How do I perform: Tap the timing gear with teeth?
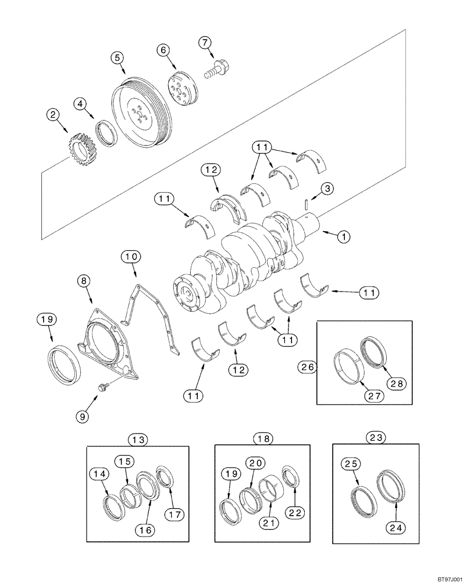(x=81, y=148)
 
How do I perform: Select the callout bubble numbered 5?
(x=117, y=57)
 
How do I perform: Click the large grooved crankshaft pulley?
(x=140, y=114)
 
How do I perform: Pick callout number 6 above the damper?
(x=163, y=51)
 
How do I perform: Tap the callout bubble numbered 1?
(x=344, y=236)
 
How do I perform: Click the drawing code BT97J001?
(x=441, y=572)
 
